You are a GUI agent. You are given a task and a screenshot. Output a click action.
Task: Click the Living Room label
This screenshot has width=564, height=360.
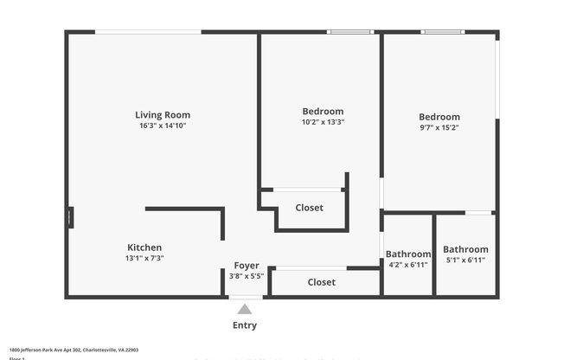163,115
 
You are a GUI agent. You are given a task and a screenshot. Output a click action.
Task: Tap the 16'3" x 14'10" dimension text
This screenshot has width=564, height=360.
163,126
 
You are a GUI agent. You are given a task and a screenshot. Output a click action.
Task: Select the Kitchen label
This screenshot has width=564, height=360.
144,247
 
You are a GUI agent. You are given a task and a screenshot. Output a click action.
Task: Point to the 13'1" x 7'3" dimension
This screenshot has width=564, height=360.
144,259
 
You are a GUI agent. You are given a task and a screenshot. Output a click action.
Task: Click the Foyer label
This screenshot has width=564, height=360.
247,266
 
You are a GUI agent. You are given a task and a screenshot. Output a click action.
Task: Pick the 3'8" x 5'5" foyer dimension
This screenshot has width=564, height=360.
247,276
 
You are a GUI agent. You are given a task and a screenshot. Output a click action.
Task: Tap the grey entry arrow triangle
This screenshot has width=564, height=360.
245,309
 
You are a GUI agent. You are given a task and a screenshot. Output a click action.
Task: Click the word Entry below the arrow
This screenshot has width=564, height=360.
245,326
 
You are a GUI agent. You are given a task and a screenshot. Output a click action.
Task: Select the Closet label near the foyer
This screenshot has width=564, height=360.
322,282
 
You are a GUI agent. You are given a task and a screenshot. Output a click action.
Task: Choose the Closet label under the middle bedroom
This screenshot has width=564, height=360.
310,208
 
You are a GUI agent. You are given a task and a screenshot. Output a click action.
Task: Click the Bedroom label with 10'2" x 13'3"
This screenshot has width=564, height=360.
323,112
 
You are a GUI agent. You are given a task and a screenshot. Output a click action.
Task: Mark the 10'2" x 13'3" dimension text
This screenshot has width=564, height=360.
323,123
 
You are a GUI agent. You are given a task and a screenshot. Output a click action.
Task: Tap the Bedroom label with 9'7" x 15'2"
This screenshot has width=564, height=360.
439,117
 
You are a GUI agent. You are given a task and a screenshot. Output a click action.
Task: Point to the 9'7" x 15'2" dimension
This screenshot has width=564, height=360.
439,128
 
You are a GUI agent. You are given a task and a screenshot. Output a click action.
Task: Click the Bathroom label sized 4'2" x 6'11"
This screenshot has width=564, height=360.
408,254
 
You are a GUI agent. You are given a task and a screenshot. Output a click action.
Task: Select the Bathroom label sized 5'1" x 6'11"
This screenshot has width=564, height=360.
466,249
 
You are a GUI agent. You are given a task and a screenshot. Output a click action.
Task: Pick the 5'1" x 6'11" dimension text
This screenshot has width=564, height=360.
466,260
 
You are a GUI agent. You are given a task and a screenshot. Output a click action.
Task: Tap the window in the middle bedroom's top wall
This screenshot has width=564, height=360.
349,33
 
